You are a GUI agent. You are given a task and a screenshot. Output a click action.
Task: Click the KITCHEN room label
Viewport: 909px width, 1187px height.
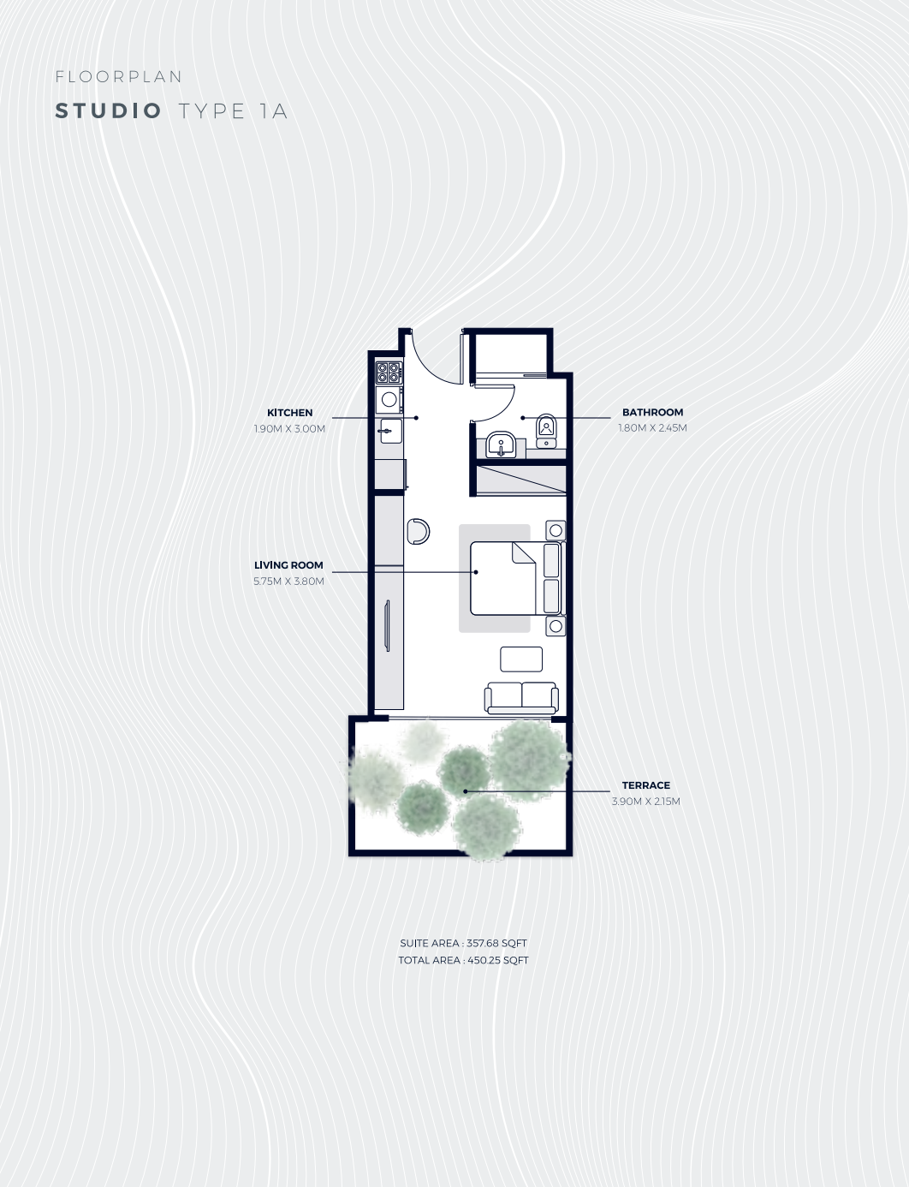tap(289, 413)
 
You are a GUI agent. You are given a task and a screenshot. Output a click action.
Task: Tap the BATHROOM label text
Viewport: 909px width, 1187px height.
tap(652, 412)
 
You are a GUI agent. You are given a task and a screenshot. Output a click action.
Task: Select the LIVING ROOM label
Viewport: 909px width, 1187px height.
tap(288, 565)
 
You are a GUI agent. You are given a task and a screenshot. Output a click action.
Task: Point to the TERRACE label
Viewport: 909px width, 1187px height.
tap(645, 785)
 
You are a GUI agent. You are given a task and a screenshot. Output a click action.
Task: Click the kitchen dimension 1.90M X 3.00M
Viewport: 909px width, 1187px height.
tap(289, 428)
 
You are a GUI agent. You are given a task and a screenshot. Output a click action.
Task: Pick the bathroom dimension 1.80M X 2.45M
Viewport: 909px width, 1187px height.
tap(652, 427)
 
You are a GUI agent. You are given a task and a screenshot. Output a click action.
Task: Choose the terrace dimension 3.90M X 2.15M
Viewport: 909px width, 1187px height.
tap(645, 802)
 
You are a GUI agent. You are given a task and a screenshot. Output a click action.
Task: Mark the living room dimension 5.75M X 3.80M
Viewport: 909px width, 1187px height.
tap(288, 581)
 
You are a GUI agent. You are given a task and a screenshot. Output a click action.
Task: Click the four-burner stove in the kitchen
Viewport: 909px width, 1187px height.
tap(389, 373)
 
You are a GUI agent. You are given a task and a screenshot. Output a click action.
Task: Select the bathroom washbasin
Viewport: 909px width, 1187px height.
tap(500, 444)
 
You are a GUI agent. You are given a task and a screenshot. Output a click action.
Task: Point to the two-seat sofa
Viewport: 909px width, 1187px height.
tap(521, 697)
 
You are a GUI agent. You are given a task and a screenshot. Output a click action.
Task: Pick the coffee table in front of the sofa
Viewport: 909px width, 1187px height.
tap(521, 659)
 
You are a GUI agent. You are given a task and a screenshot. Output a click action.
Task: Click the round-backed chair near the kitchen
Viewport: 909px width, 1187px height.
tap(419, 531)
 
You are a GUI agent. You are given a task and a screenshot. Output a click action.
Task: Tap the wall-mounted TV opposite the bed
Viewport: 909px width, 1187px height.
tap(388, 626)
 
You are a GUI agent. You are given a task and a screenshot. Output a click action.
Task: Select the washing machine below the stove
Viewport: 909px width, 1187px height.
tap(389, 399)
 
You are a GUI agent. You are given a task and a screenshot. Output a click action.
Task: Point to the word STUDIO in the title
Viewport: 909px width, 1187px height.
tap(109, 111)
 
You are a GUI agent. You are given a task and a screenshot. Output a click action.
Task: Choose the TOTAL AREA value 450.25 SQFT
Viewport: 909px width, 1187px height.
tap(497, 960)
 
